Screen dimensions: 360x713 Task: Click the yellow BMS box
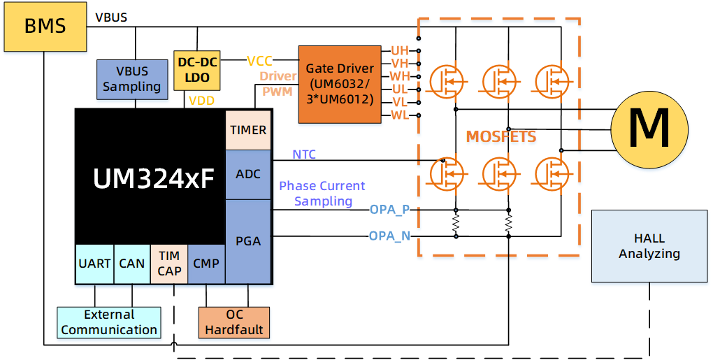click(x=45, y=27)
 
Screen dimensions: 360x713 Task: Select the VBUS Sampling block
click(x=131, y=78)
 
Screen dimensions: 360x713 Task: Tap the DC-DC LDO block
click(x=198, y=70)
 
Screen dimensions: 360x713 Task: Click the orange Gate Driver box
click(x=340, y=85)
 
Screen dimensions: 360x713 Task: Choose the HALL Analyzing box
click(x=649, y=245)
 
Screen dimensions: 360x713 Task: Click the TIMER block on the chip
click(x=248, y=130)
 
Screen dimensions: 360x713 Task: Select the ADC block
click(x=248, y=173)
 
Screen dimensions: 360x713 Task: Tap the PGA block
click(x=248, y=240)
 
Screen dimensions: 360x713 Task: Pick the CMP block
click(x=206, y=264)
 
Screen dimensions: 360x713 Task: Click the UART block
click(x=94, y=264)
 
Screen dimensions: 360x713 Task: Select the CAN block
click(x=131, y=264)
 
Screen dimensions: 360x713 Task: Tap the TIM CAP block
click(x=169, y=264)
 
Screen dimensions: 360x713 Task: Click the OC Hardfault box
click(x=234, y=322)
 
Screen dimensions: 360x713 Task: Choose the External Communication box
click(x=109, y=322)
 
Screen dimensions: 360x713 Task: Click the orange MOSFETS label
click(x=501, y=137)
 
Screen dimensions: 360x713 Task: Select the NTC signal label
click(x=304, y=154)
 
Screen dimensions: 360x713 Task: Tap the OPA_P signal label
click(x=389, y=210)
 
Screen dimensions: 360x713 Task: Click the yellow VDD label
click(x=201, y=101)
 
